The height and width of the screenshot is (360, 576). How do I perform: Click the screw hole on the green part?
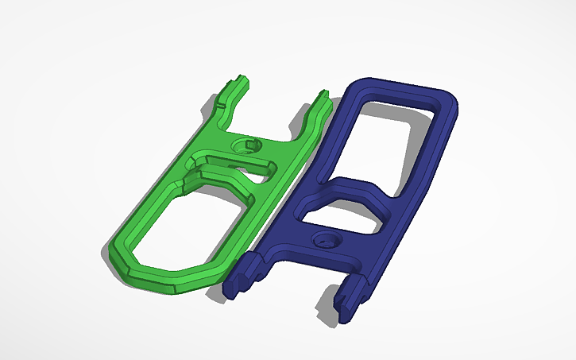pos(245,146)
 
